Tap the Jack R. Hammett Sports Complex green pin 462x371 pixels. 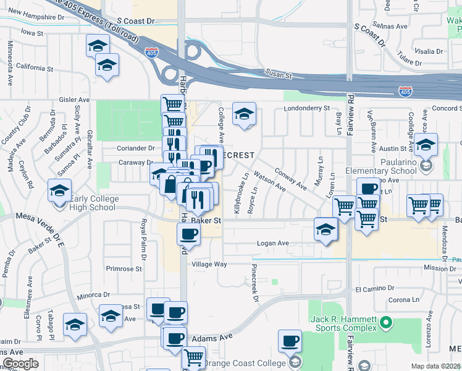(x=387, y=322)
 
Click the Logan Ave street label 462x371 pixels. (x=273, y=244)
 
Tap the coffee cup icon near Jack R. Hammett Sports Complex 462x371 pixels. (x=290, y=340)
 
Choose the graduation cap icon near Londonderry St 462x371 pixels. (x=245, y=114)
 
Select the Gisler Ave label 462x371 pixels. (x=74, y=100)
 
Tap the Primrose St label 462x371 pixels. (x=124, y=268)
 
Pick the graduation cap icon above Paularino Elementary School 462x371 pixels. (x=426, y=145)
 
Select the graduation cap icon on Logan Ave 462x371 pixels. (x=325, y=229)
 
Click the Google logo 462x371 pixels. (x=20, y=364)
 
